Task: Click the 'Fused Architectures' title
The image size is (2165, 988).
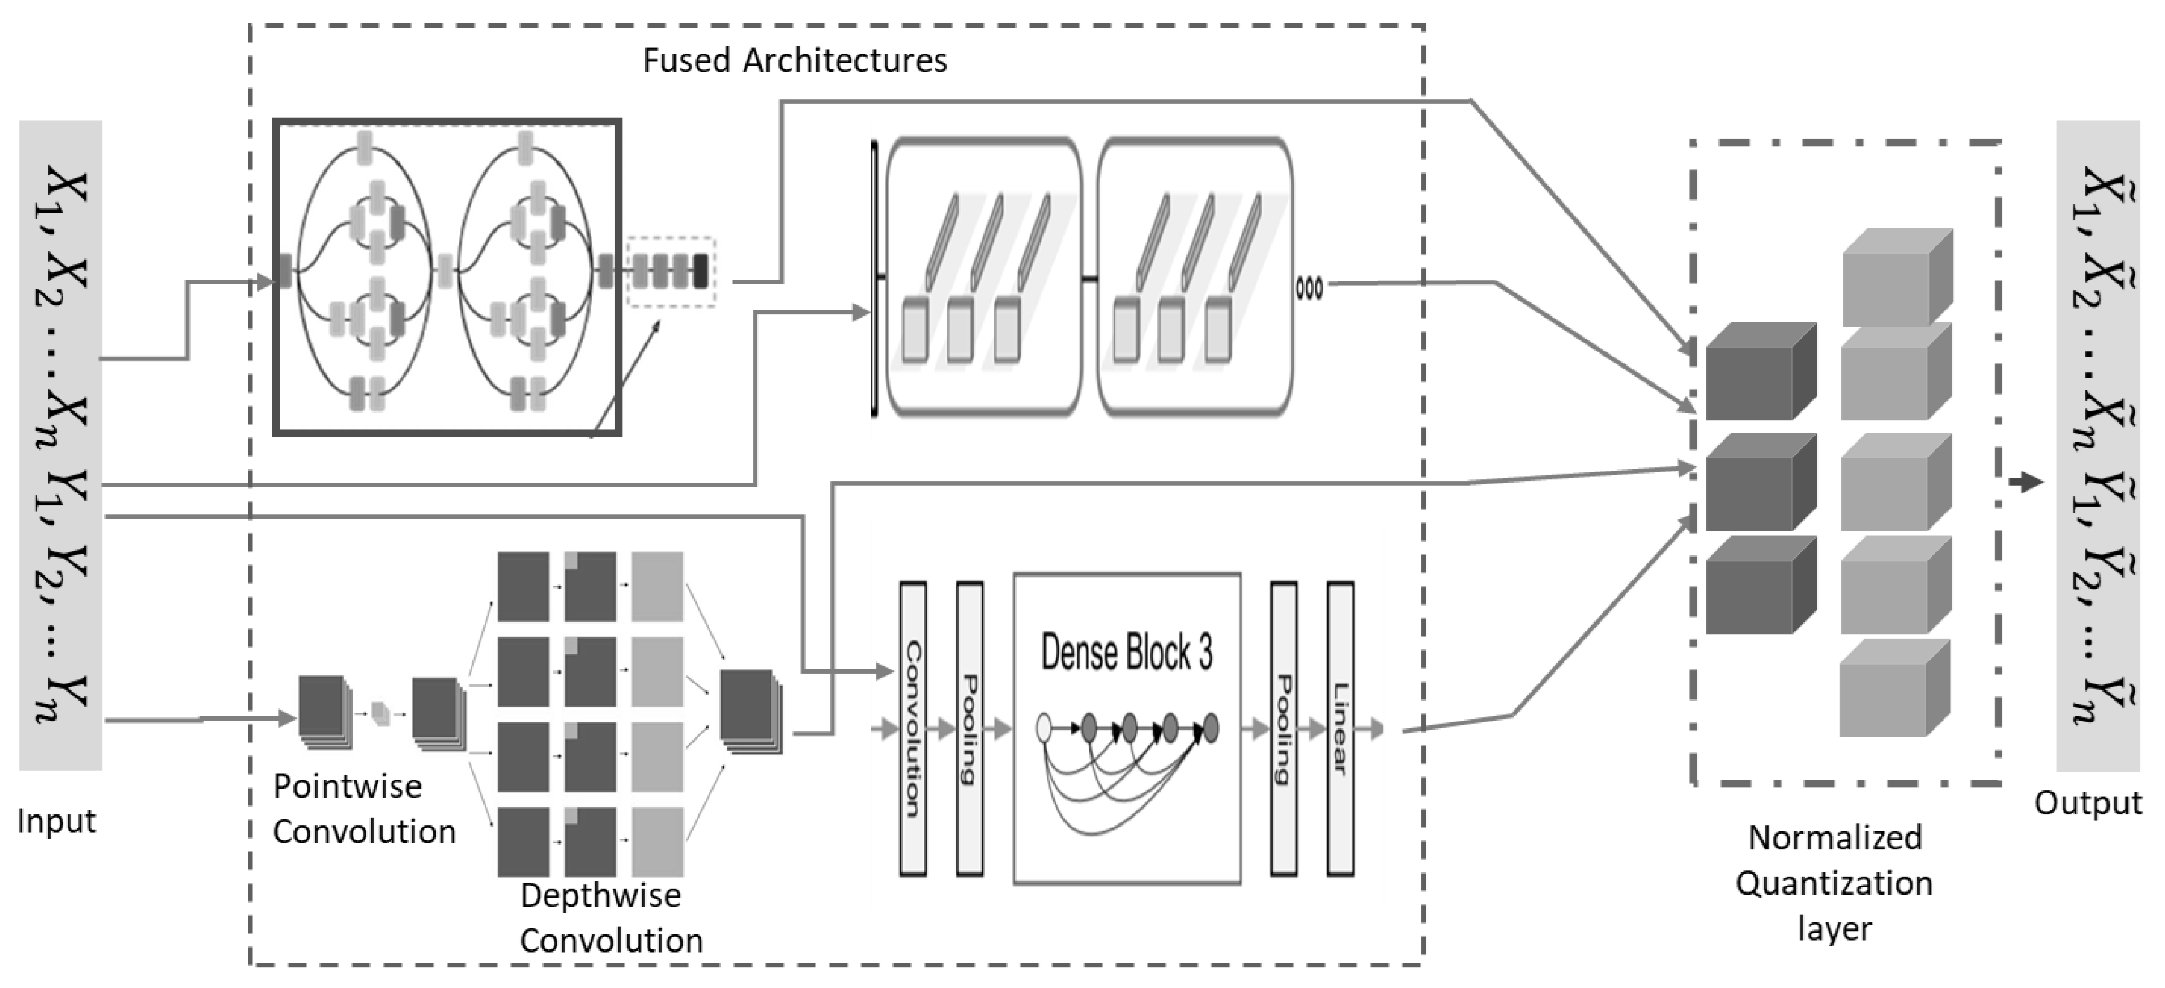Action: click(x=794, y=61)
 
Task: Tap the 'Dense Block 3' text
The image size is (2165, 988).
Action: click(x=1126, y=652)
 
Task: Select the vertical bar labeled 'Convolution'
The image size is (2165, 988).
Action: click(x=913, y=728)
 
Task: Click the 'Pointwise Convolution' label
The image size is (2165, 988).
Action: click(x=363, y=809)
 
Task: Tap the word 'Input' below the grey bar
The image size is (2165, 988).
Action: click(x=56, y=821)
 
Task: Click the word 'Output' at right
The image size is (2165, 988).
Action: click(x=2088, y=803)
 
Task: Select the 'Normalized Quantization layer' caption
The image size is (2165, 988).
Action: click(x=1834, y=883)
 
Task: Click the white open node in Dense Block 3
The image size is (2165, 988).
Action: click(x=1044, y=727)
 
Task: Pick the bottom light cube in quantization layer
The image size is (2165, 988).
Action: click(x=1894, y=689)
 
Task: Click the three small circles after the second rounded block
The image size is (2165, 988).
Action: click(x=1308, y=288)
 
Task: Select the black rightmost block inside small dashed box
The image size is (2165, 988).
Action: click(x=699, y=271)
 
